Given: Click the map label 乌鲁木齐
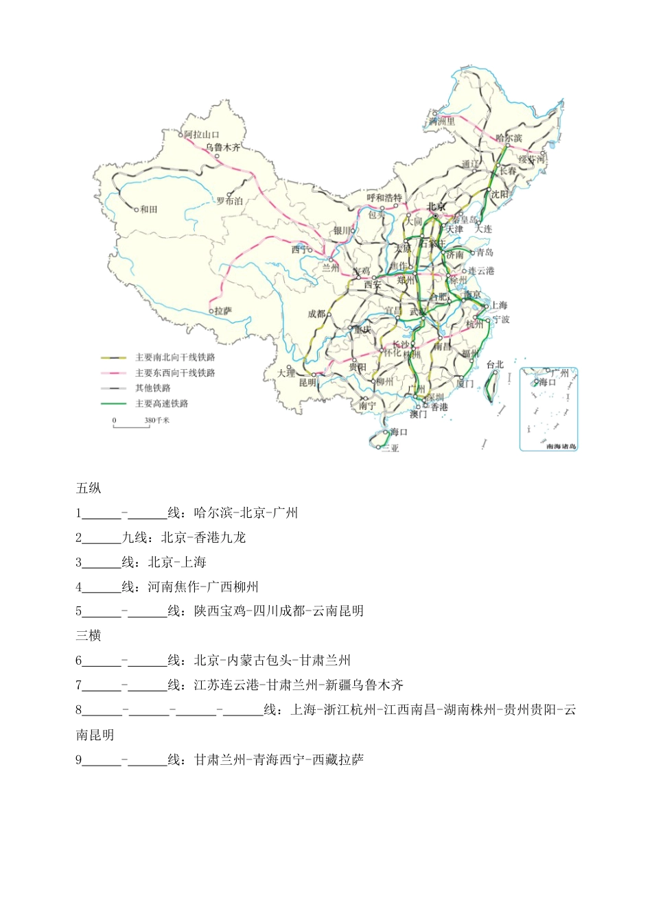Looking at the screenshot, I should tap(223, 147).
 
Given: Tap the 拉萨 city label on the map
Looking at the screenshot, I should tap(223, 311).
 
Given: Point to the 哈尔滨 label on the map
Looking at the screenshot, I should tap(509, 138).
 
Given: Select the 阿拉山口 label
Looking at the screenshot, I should tap(202, 134).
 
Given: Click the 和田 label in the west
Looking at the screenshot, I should tap(149, 209).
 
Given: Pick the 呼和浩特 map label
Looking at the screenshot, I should tap(384, 198).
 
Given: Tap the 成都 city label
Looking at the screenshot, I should tap(316, 314).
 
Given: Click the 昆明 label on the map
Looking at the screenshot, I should tap(307, 382).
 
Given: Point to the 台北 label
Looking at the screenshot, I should tap(495, 364).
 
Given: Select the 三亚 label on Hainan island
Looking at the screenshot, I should tap(391, 448).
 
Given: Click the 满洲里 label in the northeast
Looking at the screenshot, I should tap(442, 121).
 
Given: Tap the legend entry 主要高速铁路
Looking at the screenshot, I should tap(161, 403).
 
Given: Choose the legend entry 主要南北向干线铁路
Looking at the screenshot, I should tap(175, 357).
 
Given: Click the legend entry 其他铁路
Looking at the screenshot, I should tap(152, 388).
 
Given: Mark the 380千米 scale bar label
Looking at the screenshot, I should tap(156, 420).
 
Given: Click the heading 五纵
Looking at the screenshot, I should tap(89, 488).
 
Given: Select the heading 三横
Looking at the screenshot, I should tap(89, 636).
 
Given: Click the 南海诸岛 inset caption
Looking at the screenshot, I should tap(561, 446).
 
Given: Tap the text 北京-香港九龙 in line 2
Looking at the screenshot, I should tap(203, 537).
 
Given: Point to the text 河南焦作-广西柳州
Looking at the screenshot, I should tap(203, 587).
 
